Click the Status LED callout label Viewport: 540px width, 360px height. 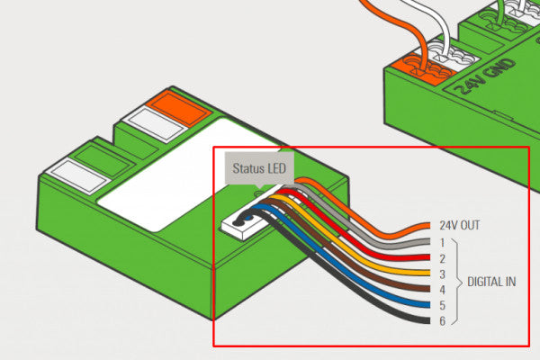click(257, 168)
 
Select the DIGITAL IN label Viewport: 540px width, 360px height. click(491, 282)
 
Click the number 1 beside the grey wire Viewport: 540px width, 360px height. click(443, 242)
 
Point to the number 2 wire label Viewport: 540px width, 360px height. click(443, 258)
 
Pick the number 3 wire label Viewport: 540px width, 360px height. click(443, 274)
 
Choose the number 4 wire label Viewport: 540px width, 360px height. click(443, 290)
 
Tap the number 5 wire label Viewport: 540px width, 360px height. click(443, 305)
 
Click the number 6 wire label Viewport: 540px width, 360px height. click(443, 321)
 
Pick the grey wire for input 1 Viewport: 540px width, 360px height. click(387, 238)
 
